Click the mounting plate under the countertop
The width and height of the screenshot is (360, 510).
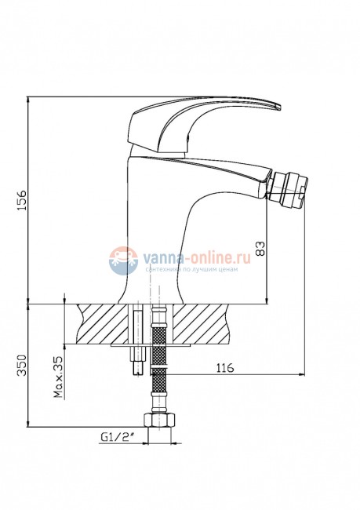149,342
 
